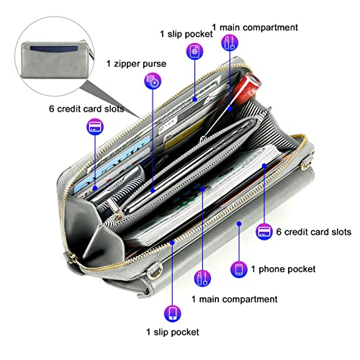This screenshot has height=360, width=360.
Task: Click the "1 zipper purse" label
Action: pyautogui.click(x=136, y=64)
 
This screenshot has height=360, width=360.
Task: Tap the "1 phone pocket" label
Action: pyautogui.click(x=283, y=269)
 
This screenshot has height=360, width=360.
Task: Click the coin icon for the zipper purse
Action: pyautogui.click(x=153, y=81)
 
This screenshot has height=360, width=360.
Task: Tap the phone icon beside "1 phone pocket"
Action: pyautogui.click(x=239, y=269)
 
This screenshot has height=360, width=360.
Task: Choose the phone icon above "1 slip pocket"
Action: pyautogui.click(x=173, y=313)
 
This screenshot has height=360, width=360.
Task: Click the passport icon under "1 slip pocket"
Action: pyautogui.click(x=194, y=51)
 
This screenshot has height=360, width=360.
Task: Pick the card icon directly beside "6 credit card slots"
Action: pyautogui.click(x=264, y=232)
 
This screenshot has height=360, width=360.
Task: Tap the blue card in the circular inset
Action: pyautogui.click(x=54, y=48)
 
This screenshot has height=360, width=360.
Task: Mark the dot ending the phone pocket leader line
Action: pyautogui.click(x=239, y=224)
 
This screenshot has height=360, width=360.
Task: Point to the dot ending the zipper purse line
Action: pyautogui.click(x=153, y=191)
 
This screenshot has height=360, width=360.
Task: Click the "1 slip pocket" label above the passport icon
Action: pyautogui.click(x=186, y=34)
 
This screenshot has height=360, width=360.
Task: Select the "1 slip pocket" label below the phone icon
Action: pyautogui.click(x=173, y=332)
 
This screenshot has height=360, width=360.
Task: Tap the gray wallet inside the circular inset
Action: pyautogui.click(x=55, y=60)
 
